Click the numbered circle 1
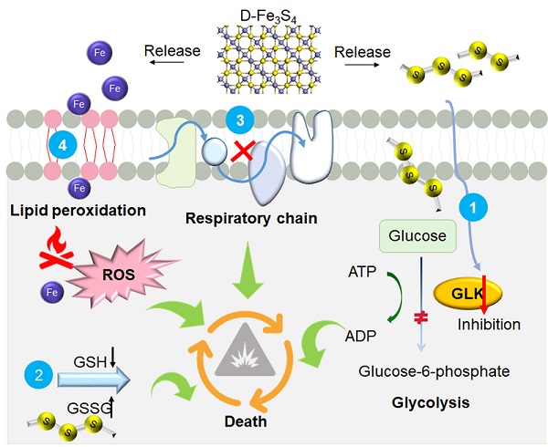point(473,209)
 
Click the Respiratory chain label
point(245,217)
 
